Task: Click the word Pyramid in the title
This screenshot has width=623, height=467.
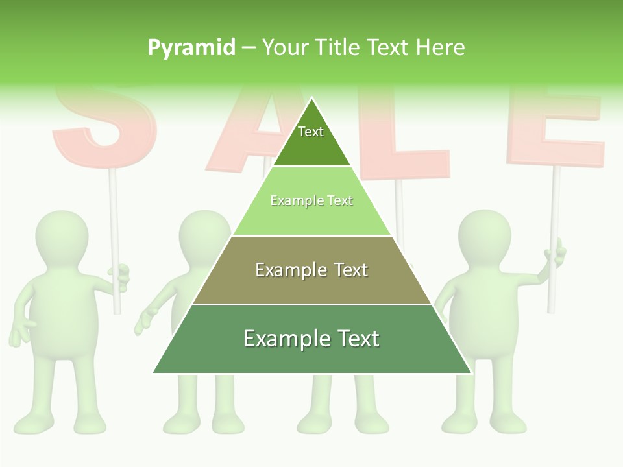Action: click(x=191, y=47)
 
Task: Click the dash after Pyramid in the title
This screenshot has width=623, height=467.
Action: click(x=249, y=48)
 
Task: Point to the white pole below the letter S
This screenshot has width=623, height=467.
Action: click(x=114, y=214)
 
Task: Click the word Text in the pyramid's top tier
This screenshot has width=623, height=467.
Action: click(x=311, y=132)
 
